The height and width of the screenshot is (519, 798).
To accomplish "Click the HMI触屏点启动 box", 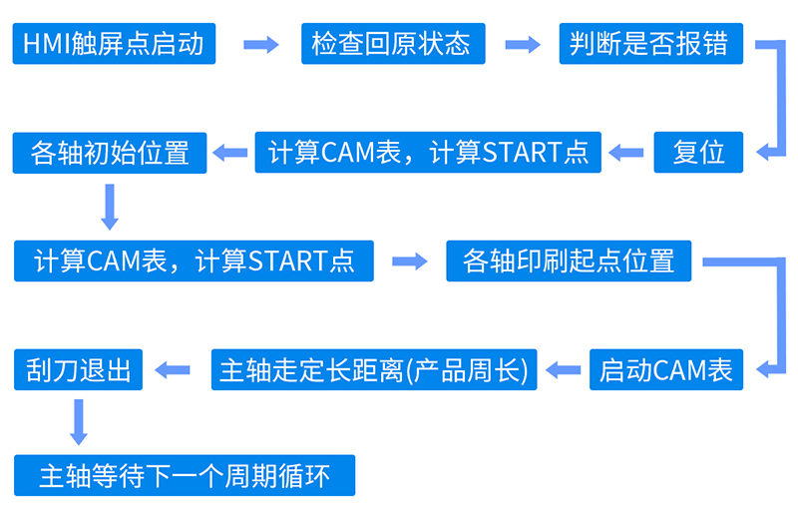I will [114, 44].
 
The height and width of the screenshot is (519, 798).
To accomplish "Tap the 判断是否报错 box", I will [648, 44].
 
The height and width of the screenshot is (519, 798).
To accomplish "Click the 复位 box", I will [699, 153].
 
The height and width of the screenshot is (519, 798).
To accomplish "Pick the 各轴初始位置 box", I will [110, 153].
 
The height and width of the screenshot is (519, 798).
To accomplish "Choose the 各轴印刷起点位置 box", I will [569, 261].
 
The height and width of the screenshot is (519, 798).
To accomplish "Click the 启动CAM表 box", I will [666, 370].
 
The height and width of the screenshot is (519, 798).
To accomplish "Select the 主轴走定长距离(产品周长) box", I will [374, 370].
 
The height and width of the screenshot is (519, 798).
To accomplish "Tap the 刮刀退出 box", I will [79, 370].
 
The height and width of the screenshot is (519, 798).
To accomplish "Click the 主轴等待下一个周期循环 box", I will [185, 476].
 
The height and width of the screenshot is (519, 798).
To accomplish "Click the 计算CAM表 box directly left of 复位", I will [428, 153].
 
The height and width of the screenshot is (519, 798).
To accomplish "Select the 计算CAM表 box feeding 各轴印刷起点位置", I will [194, 261].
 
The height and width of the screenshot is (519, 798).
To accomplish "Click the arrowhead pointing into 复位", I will [765, 153].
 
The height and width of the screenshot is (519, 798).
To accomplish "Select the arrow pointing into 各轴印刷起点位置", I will [409, 261].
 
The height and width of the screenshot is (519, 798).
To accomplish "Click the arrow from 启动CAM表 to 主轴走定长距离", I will [565, 370].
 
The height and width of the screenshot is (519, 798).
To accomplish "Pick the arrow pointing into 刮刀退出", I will [176, 370].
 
